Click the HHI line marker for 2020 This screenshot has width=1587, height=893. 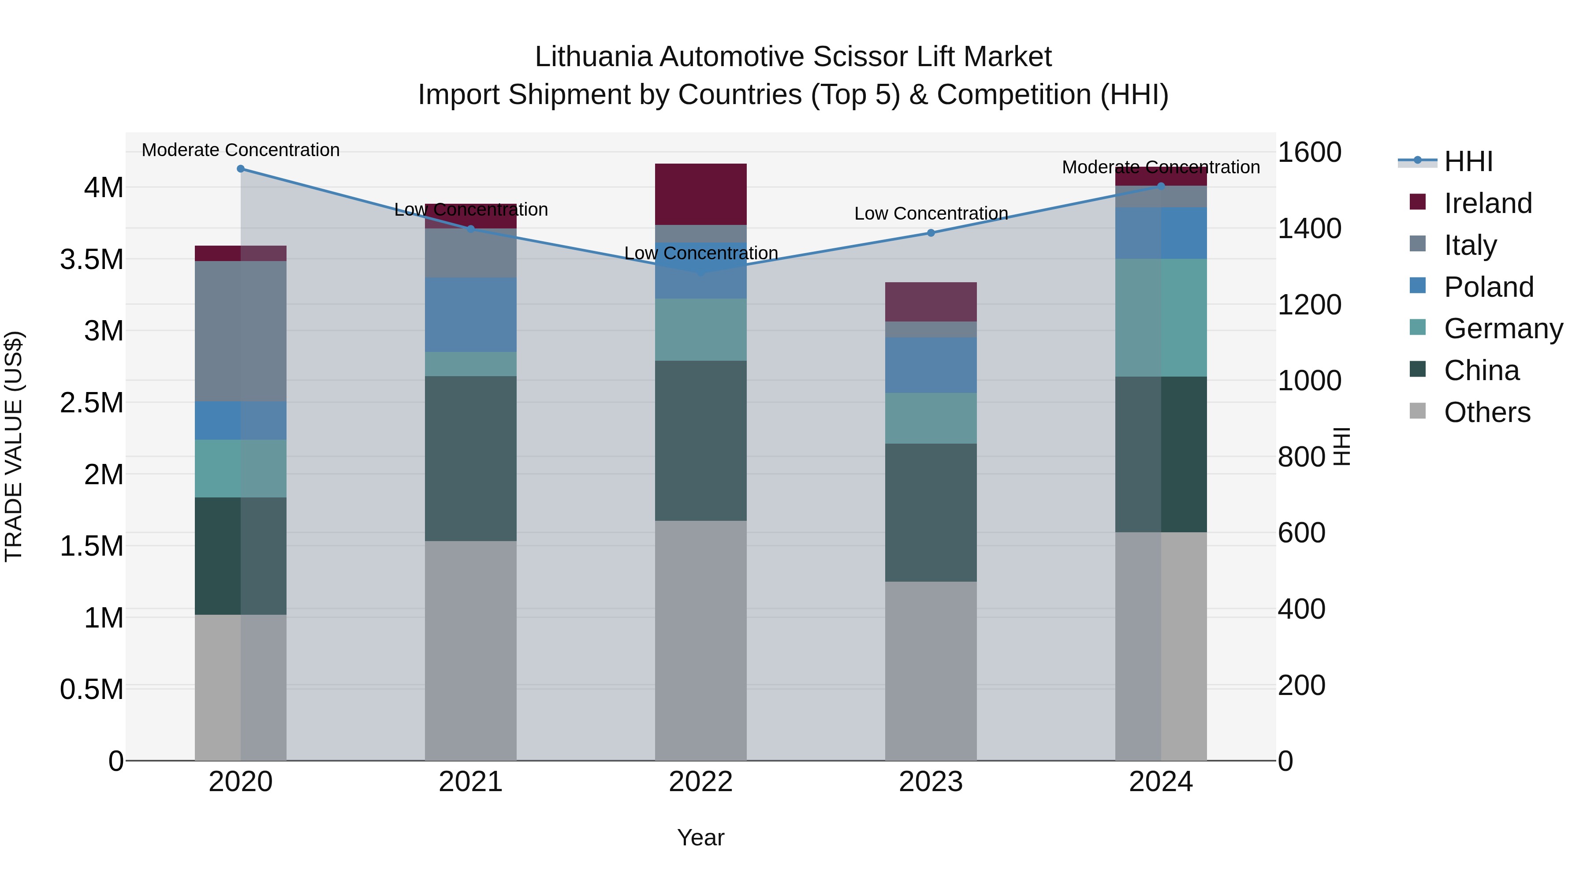point(241,169)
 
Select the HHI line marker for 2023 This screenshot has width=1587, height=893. point(931,233)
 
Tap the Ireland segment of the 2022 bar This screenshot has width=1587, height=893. point(700,194)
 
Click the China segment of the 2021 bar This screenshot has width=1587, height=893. point(471,459)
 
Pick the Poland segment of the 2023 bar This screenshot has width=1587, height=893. point(931,365)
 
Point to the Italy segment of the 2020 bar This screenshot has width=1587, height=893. point(240,332)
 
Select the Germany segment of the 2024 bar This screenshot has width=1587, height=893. point(1161,318)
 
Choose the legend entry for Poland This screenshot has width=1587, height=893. point(1488,287)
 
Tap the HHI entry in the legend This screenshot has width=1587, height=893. point(1468,161)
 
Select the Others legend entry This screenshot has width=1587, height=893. point(1486,412)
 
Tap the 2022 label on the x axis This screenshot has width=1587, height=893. point(700,782)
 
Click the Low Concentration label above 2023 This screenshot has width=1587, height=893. point(931,214)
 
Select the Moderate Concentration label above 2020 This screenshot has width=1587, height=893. point(241,150)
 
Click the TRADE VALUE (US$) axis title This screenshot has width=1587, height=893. point(14,446)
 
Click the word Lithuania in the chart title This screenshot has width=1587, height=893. point(592,57)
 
